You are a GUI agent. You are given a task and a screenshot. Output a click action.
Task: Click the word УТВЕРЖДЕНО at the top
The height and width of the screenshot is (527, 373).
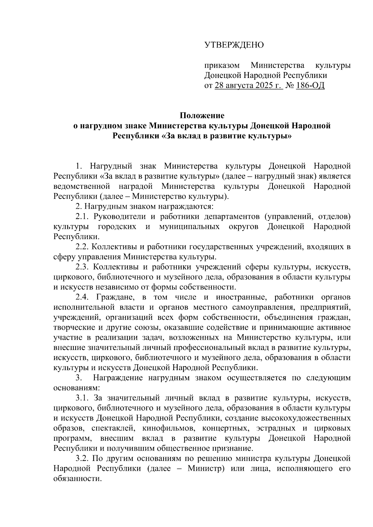tap(234, 45)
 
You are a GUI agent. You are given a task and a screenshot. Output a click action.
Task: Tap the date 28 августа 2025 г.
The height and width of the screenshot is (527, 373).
tap(248, 85)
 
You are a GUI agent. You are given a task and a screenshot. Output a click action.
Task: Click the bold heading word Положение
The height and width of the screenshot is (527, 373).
tap(202, 116)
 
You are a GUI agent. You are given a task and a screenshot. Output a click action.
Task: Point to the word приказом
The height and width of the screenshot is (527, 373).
tap(222, 66)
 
